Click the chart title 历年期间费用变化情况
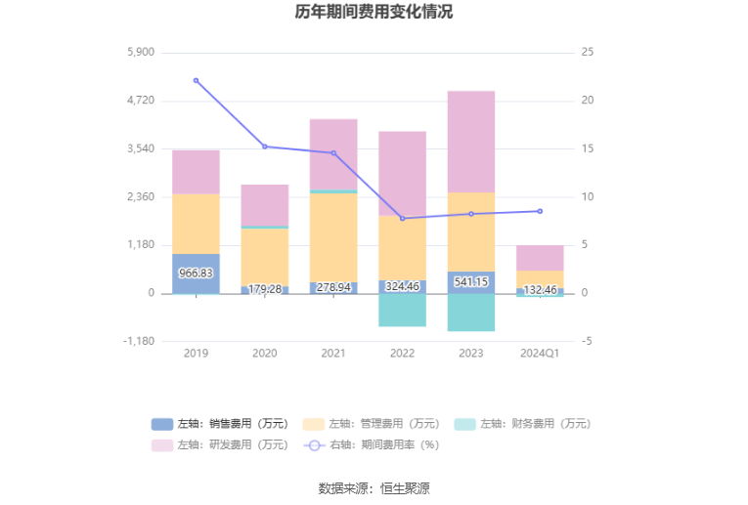[374, 13]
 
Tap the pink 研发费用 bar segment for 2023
[471, 142]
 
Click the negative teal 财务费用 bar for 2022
[402, 310]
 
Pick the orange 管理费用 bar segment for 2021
[333, 237]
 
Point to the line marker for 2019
[196, 80]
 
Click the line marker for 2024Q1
[540, 211]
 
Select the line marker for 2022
[402, 218]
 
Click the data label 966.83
[196, 274]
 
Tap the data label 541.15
[471, 282]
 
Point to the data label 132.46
[540, 289]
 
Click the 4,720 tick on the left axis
[141, 101]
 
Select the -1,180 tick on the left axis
[139, 341]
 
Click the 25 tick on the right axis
[587, 52]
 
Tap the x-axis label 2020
[264, 353]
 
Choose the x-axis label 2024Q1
[540, 353]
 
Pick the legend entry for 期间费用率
[371, 444]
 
